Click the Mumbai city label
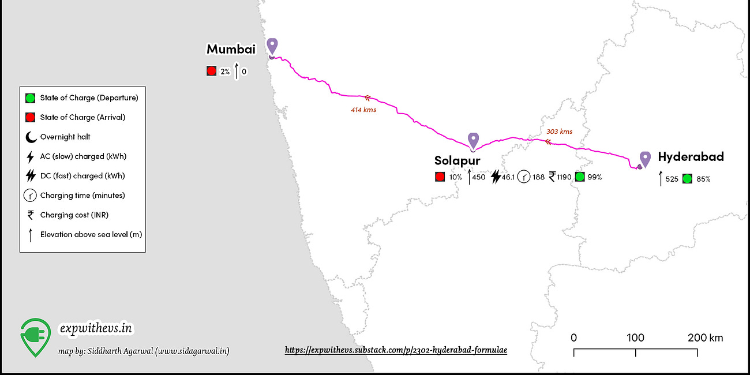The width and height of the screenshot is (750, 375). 231,50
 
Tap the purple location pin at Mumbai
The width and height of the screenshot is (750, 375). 272,46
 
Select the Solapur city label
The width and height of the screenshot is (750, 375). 457,160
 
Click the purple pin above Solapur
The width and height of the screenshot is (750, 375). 473,140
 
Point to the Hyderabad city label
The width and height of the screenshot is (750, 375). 691,156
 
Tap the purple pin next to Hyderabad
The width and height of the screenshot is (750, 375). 645,159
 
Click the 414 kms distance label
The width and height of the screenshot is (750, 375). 363,110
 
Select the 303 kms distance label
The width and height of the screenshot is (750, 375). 560,132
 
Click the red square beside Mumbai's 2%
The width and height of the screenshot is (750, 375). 211,72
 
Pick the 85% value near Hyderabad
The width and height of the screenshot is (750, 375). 703,179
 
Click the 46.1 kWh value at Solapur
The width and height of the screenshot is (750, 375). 505,177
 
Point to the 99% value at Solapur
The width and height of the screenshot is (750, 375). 594,177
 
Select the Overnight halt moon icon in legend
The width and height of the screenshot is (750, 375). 30,137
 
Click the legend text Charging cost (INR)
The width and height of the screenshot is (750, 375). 74,215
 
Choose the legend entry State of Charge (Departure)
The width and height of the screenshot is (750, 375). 89,97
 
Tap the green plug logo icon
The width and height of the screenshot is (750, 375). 35,336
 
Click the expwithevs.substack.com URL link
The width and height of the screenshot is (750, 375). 396,350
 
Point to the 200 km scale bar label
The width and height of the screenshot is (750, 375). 705,337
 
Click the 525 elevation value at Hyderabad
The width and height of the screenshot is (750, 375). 672,179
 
